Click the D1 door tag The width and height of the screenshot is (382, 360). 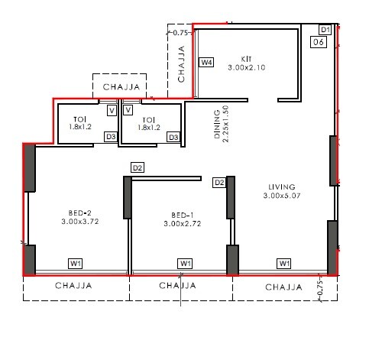click(x=324, y=30)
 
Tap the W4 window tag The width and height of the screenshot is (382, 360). click(x=206, y=62)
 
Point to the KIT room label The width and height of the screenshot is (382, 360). click(x=246, y=59)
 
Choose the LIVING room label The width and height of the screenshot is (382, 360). click(x=282, y=186)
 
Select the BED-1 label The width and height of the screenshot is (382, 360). click(x=181, y=215)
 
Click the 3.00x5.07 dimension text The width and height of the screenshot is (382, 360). click(x=282, y=196)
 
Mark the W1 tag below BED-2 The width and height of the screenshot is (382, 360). click(x=76, y=264)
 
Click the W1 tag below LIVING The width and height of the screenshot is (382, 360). click(x=284, y=264)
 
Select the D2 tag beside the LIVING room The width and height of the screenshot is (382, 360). click(x=219, y=183)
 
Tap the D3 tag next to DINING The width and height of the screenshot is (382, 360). click(x=174, y=138)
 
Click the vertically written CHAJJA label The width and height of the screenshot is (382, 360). click(x=182, y=65)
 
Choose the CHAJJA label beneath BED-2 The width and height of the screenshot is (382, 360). click(x=75, y=286)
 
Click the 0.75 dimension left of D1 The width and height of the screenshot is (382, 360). click(x=180, y=33)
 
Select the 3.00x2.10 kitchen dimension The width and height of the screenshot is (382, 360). click(x=246, y=67)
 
